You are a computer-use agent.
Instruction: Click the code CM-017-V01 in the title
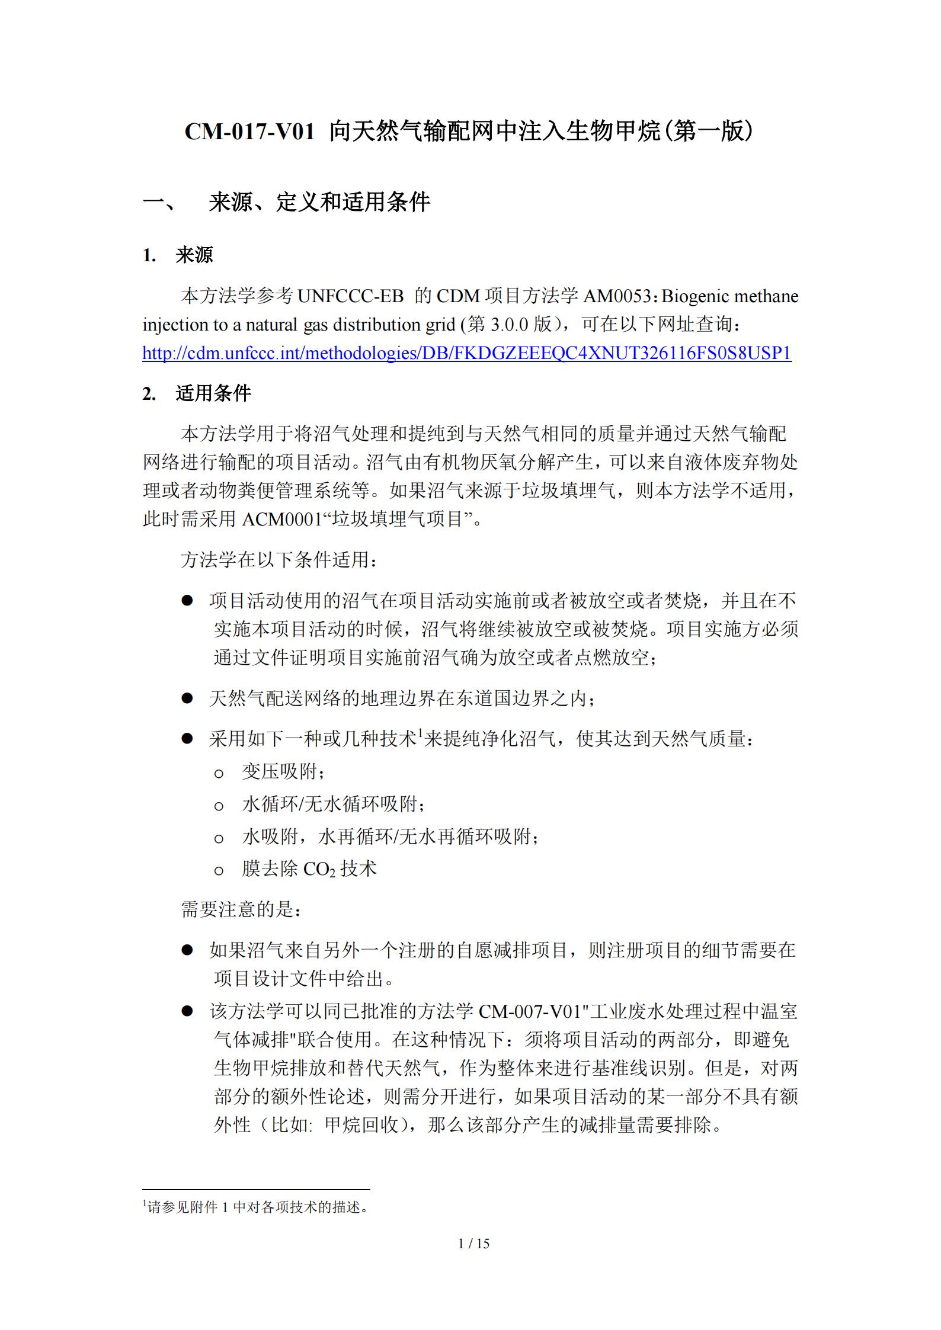[x=249, y=132]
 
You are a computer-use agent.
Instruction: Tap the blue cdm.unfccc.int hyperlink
[x=467, y=353]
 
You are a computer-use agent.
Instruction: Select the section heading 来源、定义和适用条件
[x=319, y=203]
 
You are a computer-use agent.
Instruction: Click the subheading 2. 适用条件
[x=197, y=393]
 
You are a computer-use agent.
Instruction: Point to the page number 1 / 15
[x=474, y=1244]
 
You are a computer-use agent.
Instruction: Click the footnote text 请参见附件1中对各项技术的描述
[x=256, y=1207]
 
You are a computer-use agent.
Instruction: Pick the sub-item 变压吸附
[x=281, y=771]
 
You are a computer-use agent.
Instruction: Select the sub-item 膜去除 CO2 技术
[x=309, y=869]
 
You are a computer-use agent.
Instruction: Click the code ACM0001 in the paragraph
[x=282, y=520]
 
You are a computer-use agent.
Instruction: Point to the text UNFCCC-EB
[x=350, y=296]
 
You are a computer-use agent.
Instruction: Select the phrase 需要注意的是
[x=241, y=909]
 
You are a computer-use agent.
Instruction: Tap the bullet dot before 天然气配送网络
[x=187, y=698]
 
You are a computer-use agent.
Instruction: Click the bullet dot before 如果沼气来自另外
[x=187, y=950]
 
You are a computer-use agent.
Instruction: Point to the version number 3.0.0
[x=509, y=325]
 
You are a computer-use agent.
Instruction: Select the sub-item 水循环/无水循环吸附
[x=332, y=804]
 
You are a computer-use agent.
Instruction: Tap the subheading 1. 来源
[x=178, y=255]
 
